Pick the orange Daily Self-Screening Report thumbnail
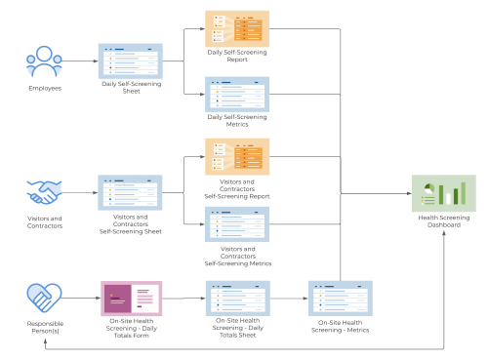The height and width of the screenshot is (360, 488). (x=237, y=28)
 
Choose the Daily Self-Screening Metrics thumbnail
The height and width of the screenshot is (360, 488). (x=237, y=95)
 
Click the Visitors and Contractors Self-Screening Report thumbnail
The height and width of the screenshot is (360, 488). (x=237, y=157)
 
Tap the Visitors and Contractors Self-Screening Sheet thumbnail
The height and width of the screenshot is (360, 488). (x=131, y=193)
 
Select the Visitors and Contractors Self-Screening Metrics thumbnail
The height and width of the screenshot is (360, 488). (x=237, y=224)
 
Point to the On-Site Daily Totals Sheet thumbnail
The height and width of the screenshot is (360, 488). (x=237, y=297)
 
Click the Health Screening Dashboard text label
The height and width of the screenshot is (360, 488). (x=444, y=221)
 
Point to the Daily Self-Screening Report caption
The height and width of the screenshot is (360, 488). (x=237, y=55)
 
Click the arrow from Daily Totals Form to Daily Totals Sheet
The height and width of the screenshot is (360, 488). (x=183, y=297)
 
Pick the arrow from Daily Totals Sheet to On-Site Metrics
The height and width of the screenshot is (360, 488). (x=289, y=297)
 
